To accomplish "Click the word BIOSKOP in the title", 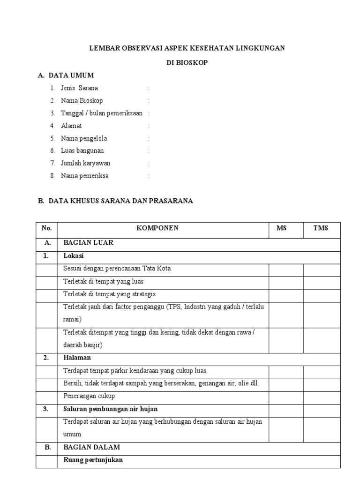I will pyautogui.click(x=194, y=62).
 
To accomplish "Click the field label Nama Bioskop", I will pyautogui.click(x=82, y=100).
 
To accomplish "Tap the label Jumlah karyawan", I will pyautogui.click(x=85, y=163).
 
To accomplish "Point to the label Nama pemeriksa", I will pyautogui.click(x=84, y=176).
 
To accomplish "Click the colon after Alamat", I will pyautogui.click(x=149, y=126).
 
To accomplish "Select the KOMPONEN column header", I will pyautogui.click(x=157, y=228).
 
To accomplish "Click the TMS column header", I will pyautogui.click(x=321, y=228).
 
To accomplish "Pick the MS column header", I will pyautogui.click(x=281, y=228).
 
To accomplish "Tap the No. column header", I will pyautogui.click(x=46, y=228).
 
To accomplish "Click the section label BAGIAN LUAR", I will pyautogui.click(x=88, y=243).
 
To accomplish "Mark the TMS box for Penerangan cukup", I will pyautogui.click(x=322, y=396).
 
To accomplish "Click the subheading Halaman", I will pyautogui.click(x=77, y=358).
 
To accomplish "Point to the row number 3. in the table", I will pyautogui.click(x=46, y=409).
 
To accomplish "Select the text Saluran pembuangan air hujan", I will pyautogui.click(x=110, y=409).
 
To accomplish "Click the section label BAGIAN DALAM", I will pyautogui.click(x=91, y=447).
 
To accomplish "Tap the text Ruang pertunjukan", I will pyautogui.click(x=93, y=460).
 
